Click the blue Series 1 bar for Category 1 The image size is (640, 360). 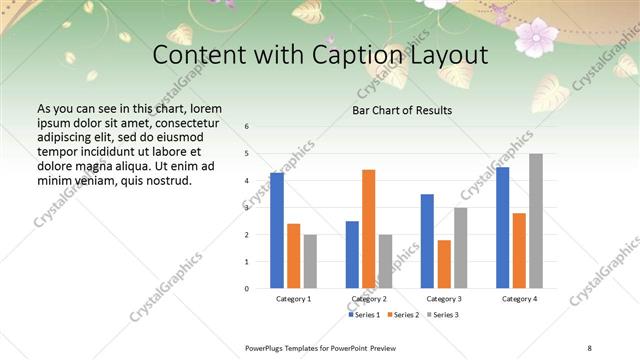[277, 231]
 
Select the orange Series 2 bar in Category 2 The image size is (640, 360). [369, 229]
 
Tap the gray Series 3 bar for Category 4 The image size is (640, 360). [536, 221]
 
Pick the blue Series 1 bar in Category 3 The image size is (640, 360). [427, 241]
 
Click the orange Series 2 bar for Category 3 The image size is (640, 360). [444, 264]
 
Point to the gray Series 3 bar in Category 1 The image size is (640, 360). [310, 261]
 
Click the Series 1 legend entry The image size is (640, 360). [366, 315]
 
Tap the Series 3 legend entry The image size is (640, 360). [446, 315]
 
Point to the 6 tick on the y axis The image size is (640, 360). [247, 127]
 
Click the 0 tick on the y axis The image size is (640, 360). [247, 288]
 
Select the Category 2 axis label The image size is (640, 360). [369, 299]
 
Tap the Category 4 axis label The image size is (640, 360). [519, 299]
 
